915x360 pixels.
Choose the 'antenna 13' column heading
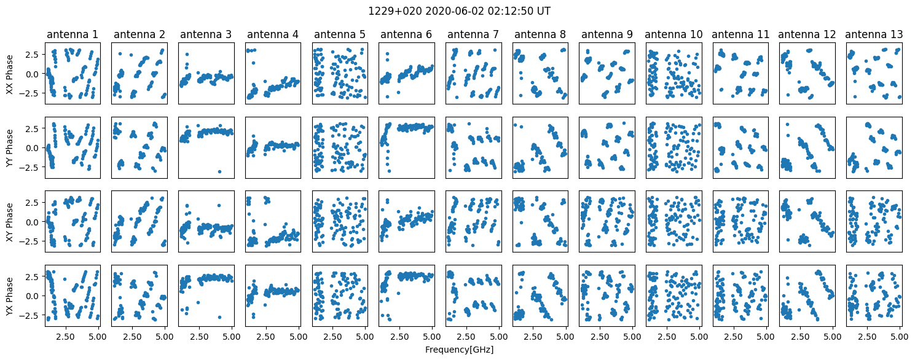pos(873,34)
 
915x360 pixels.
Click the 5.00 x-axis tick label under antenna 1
pos(98,337)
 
